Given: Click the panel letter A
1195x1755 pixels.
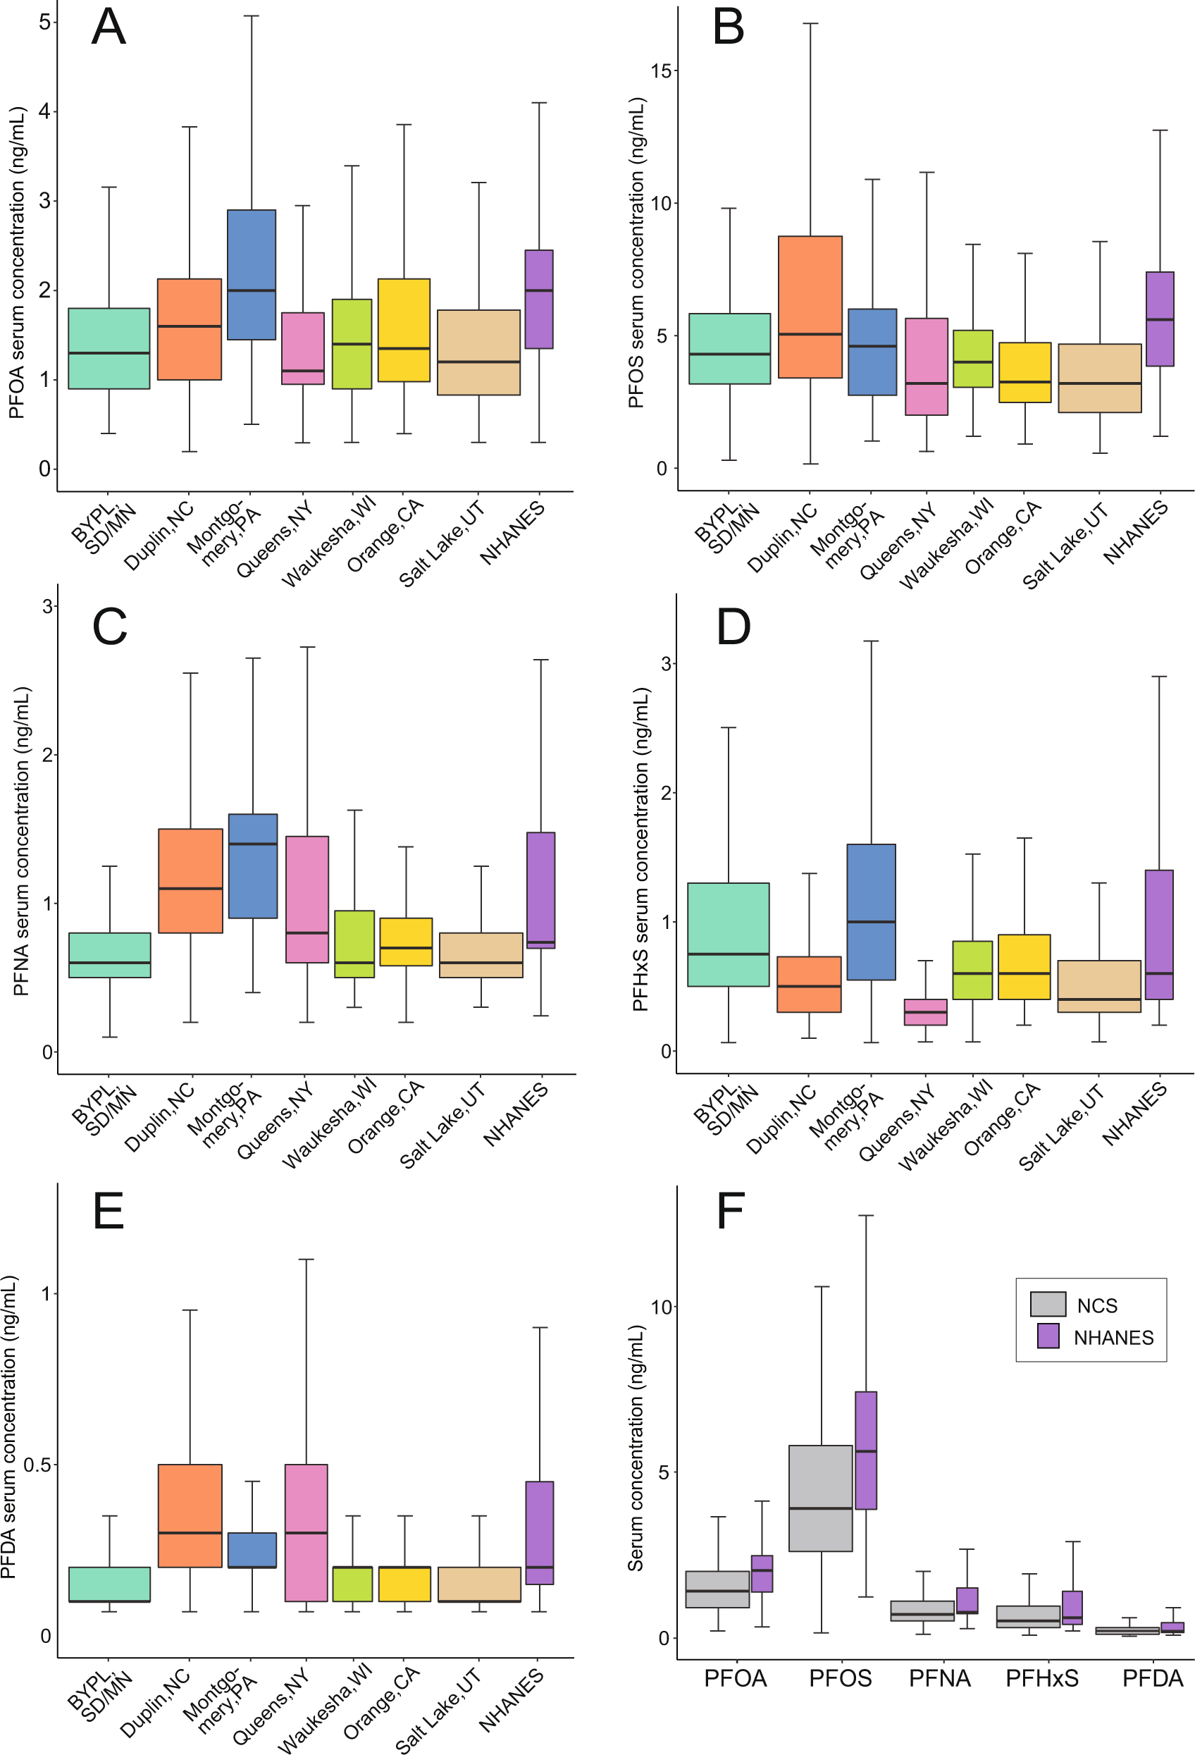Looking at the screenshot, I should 108,27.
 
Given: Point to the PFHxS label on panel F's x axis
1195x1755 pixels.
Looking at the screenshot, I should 1042,1678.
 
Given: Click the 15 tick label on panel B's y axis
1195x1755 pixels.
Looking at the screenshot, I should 662,71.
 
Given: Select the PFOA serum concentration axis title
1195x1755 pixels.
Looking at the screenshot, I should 17,263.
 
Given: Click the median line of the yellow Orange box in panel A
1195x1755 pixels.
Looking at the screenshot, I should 404,349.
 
